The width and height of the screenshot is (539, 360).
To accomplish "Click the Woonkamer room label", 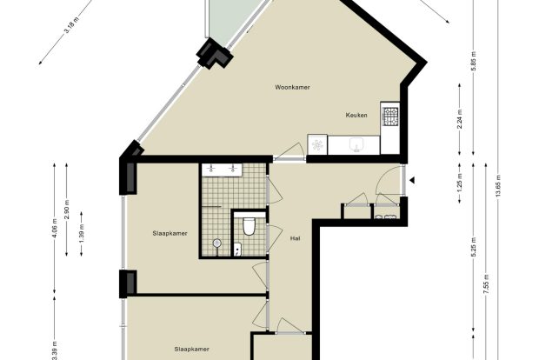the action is (292, 87).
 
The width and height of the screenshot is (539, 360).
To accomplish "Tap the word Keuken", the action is (356, 115).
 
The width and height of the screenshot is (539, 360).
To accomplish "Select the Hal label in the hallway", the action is (295, 238).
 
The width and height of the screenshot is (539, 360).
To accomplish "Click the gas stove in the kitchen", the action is (390, 117).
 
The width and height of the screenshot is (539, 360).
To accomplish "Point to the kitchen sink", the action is (356, 144).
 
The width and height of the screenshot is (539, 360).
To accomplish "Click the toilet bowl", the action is (248, 226).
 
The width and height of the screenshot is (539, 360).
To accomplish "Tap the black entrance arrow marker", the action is (412, 180).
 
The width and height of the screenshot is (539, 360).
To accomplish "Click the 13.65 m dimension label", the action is (498, 186).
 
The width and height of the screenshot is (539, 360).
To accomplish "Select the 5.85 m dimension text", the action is (474, 61).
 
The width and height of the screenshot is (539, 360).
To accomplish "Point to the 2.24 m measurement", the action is (460, 118).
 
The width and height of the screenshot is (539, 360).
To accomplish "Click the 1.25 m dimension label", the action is (460, 183).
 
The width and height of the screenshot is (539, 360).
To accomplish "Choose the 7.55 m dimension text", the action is (486, 283).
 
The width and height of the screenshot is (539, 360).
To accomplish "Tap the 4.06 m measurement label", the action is (54, 228).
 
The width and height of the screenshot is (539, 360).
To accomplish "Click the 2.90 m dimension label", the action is (67, 210).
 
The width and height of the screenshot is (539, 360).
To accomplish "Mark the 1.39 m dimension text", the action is (82, 234).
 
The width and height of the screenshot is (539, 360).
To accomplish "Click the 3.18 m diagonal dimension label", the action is (71, 25).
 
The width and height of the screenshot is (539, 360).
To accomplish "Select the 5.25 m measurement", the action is (473, 247).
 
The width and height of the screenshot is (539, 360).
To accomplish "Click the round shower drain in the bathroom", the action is (216, 243).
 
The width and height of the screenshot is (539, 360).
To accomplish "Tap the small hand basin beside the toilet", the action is (237, 250).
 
